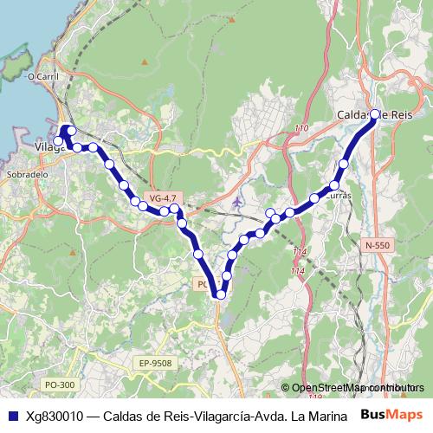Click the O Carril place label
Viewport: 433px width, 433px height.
42,76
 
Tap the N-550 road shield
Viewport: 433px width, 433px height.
377,246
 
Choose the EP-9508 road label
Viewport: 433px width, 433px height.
155,363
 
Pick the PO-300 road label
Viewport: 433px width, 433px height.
59,385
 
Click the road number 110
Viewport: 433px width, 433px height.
301,129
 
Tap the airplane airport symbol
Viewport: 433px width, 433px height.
238,203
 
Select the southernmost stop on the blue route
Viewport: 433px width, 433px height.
221,294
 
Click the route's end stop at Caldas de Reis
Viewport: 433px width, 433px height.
374,113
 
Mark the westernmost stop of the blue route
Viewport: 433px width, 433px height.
58,141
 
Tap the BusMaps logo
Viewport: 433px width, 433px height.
391,416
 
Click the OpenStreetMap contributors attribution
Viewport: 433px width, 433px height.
355,388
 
